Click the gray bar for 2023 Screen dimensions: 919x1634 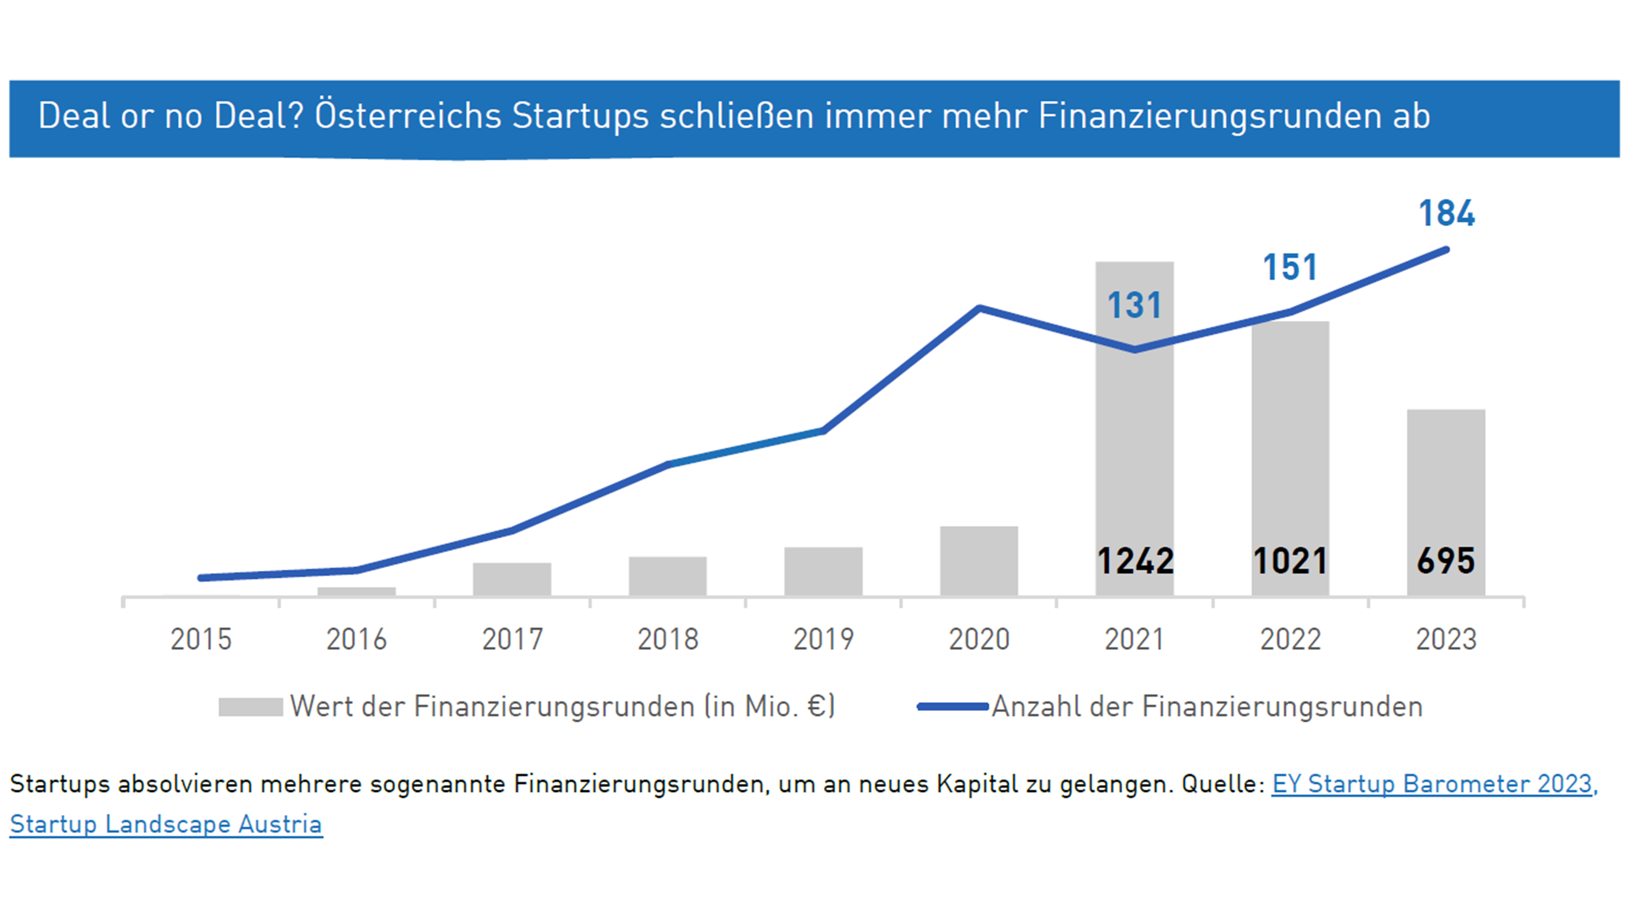pyautogui.click(x=1446, y=482)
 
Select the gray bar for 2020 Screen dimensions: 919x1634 pyautogui.click(x=979, y=561)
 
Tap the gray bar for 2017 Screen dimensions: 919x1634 pyautogui.click(x=512, y=578)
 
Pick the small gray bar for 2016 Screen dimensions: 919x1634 pyautogui.click(x=356, y=591)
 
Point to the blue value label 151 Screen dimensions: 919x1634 pyautogui.click(x=1290, y=267)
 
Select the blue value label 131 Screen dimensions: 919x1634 pyautogui.click(x=1134, y=305)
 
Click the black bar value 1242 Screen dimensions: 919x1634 pyautogui.click(x=1135, y=561)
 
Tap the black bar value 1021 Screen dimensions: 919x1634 pyautogui.click(x=1290, y=561)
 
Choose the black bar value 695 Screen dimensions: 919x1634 pyautogui.click(x=1446, y=561)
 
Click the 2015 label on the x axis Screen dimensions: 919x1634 pyautogui.click(x=201, y=639)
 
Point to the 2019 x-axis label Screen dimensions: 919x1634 pyautogui.click(x=823, y=639)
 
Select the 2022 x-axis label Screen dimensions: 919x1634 pyautogui.click(x=1290, y=639)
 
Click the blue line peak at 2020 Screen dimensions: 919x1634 pyautogui.click(x=979, y=309)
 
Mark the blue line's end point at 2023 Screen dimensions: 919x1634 pyautogui.click(x=1446, y=250)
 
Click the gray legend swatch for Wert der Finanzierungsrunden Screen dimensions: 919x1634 pyautogui.click(x=251, y=707)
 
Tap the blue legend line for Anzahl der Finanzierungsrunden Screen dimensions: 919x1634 pyautogui.click(x=953, y=707)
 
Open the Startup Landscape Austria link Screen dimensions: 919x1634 pyautogui.click(x=166, y=824)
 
